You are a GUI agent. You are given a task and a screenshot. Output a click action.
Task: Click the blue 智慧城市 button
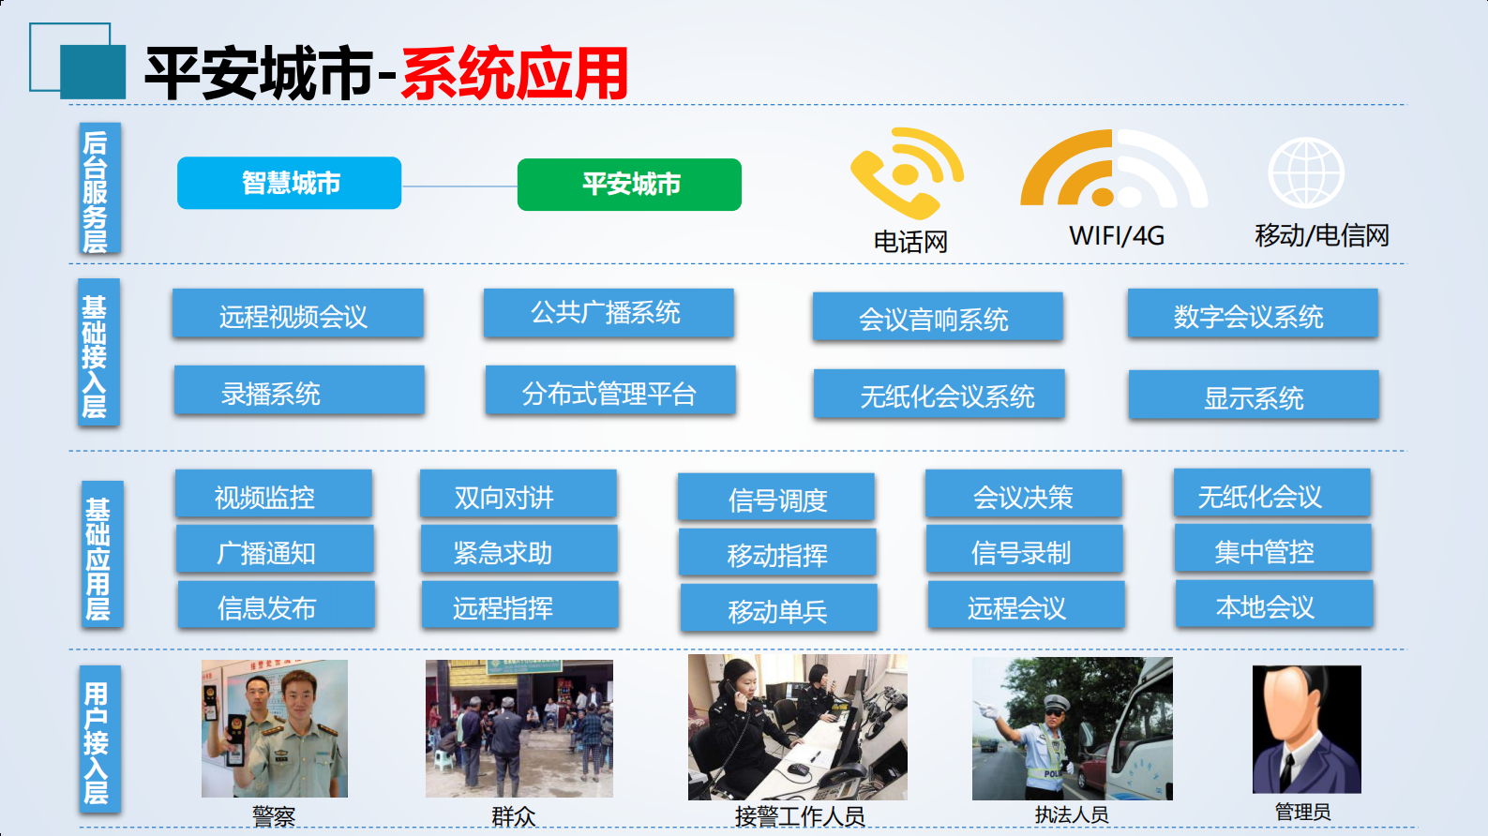coord(290,183)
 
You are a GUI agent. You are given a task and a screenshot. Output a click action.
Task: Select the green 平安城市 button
coord(629,185)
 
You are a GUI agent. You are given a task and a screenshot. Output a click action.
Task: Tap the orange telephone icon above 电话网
coord(905,173)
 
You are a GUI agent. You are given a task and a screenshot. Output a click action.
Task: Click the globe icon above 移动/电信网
coord(1305,172)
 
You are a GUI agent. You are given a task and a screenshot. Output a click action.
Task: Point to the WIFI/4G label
coord(1117,236)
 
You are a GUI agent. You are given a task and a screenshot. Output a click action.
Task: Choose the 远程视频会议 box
coord(297,315)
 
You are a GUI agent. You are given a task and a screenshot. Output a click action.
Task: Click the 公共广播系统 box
coord(609,312)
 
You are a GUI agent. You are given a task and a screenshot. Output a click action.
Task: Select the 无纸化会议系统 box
coord(939,395)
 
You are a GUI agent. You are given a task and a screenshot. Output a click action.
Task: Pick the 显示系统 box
coord(1254,396)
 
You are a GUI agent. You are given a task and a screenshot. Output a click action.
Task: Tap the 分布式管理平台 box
coord(610,392)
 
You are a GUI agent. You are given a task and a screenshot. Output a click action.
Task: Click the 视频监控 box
coord(273,496)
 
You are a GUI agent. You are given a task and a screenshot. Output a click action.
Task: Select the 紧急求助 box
coord(519,551)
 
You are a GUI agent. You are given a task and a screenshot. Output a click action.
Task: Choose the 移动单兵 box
coord(778,609)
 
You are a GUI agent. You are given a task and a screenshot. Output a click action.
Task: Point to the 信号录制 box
coord(1024,551)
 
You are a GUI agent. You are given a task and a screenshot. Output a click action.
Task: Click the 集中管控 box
coord(1272,550)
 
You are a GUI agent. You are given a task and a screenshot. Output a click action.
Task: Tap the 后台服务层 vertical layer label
coord(98,190)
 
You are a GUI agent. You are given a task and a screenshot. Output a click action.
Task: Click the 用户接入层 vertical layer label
coord(98,739)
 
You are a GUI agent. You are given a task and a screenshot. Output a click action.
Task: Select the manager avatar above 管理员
coord(1306,728)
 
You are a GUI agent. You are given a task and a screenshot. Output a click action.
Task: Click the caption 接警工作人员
coord(799,816)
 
